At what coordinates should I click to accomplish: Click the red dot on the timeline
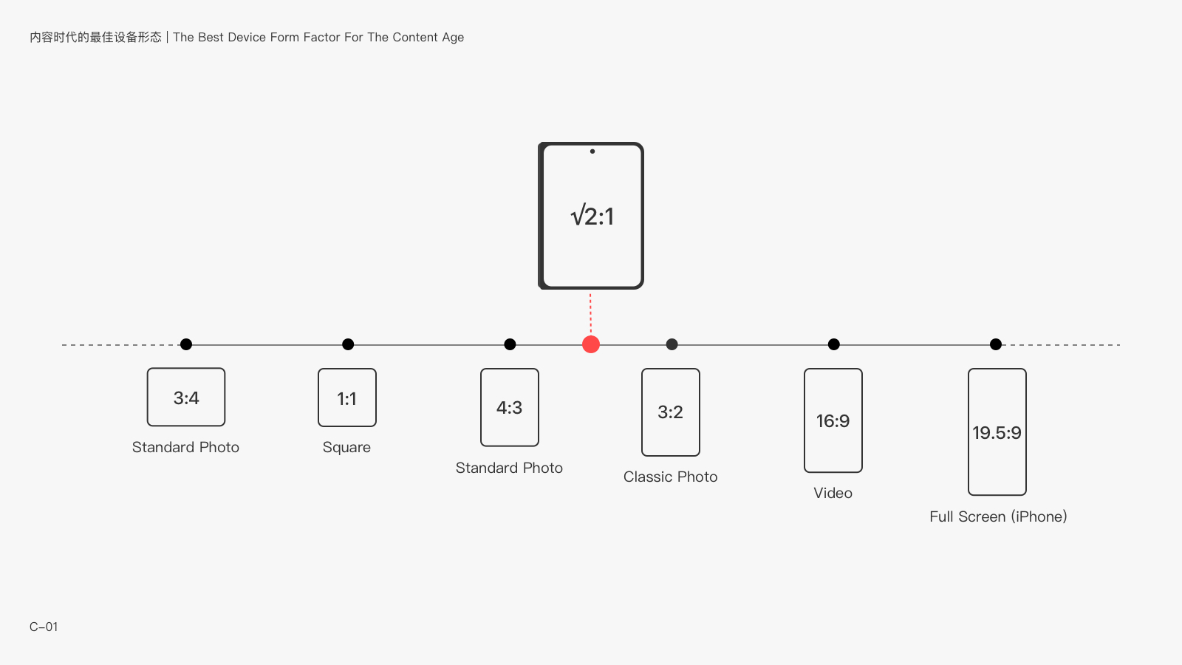click(590, 344)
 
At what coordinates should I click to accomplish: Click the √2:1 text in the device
click(592, 216)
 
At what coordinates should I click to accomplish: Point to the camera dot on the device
click(592, 151)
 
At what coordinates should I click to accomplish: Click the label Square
click(346, 448)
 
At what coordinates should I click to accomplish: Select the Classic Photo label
click(670, 477)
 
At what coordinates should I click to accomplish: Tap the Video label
click(833, 493)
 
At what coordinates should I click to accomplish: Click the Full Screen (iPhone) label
click(998, 516)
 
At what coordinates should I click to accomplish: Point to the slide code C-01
click(44, 627)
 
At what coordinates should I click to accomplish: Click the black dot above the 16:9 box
click(834, 344)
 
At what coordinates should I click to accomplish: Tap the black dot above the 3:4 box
click(186, 344)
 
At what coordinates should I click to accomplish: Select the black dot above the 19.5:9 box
click(996, 344)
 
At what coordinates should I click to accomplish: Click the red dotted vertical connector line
click(590, 313)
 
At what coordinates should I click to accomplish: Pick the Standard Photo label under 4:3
click(509, 468)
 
